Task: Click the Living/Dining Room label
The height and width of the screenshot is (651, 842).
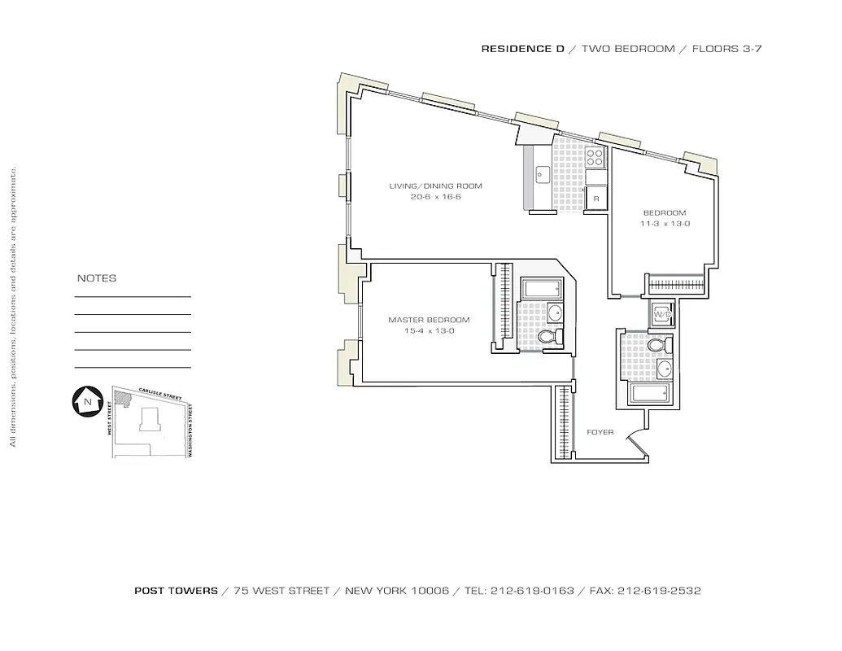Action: coord(435,186)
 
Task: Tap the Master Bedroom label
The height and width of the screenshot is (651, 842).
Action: coord(429,320)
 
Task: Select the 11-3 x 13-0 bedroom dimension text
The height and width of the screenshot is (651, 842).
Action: coord(665,224)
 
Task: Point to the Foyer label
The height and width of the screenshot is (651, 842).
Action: coord(600,432)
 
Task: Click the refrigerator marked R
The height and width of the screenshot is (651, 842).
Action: coord(596,199)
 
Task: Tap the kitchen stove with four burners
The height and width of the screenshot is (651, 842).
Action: coord(596,156)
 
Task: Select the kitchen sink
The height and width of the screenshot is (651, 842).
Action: coord(543,174)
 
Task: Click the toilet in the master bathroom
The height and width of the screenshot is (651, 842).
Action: coord(550,337)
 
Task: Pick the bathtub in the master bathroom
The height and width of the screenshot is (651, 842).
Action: coord(540,288)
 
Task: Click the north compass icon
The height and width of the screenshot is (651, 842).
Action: coord(85,401)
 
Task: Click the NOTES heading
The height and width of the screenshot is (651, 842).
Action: coord(97,278)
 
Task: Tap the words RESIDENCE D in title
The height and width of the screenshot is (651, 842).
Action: coord(522,49)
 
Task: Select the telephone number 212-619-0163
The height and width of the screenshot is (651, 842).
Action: coord(532,591)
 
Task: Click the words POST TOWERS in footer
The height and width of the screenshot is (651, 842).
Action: coord(176,591)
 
